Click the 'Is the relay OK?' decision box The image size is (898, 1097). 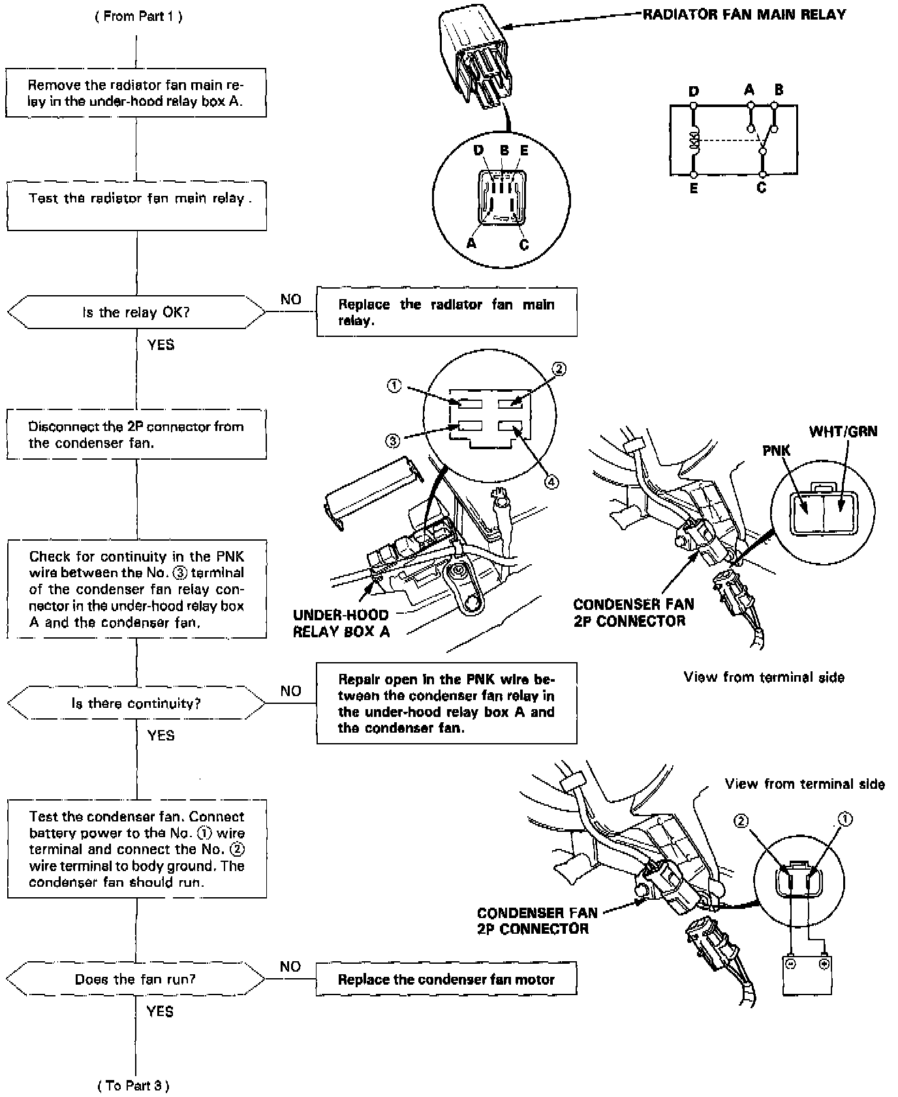coord(136,312)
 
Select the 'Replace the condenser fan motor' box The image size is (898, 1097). coord(446,979)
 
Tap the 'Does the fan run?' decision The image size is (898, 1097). coord(136,979)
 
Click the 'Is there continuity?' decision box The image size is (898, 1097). coord(136,703)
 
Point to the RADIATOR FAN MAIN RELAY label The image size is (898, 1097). coord(744,14)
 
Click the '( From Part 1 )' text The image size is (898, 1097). coord(138,16)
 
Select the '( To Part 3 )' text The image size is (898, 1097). coord(134,1086)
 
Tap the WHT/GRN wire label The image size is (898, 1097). coord(843,432)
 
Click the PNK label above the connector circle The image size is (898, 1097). coord(776,451)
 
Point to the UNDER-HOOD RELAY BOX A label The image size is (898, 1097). coord(341,623)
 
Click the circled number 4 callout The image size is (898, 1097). coord(551,481)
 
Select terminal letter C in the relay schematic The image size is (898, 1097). coord(761,188)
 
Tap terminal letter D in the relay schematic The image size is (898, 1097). coord(694,91)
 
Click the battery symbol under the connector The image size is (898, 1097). coord(807,974)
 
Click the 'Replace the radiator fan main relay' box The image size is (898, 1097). coord(446,312)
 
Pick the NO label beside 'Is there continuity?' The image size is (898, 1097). coord(290,691)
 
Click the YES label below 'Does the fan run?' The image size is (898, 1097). coord(160,1011)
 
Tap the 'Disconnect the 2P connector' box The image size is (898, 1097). coord(136,434)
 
